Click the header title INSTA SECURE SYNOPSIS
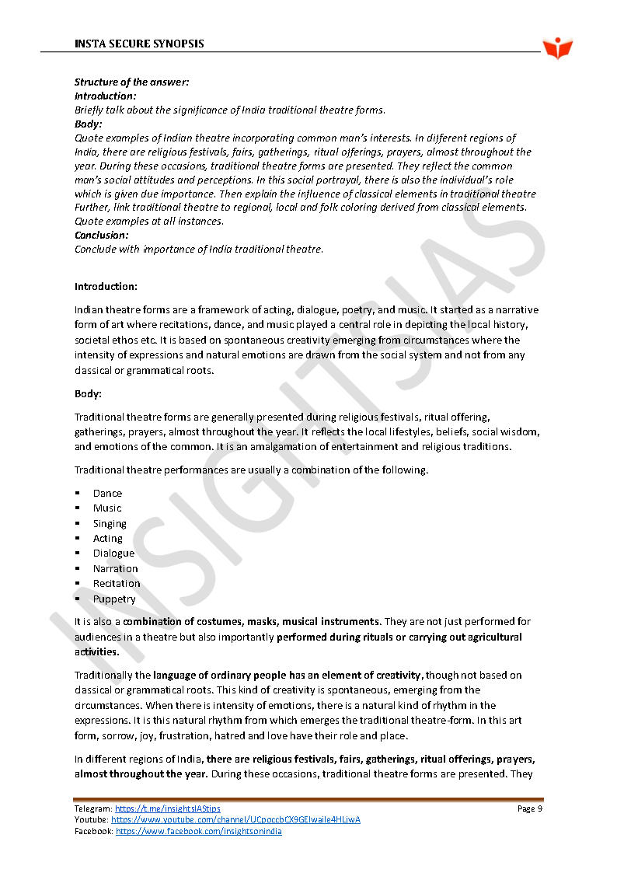(139, 44)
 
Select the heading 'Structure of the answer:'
(131, 82)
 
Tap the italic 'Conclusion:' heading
(102, 235)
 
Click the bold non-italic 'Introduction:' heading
(106, 286)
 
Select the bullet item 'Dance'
(107, 493)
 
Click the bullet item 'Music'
(107, 508)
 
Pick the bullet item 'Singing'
(110, 523)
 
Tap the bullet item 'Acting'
(108, 538)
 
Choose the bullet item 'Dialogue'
(113, 553)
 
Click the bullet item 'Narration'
(115, 568)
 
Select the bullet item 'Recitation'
(117, 583)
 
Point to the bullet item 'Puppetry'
(114, 599)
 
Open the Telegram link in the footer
(167, 808)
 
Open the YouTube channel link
(235, 819)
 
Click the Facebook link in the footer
(198, 831)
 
